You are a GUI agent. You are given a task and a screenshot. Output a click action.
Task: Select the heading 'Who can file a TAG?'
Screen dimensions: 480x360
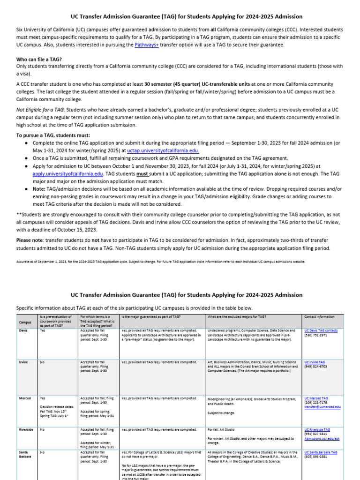click(x=39, y=60)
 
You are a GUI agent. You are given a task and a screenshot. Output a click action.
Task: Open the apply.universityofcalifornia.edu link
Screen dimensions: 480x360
click(x=67, y=173)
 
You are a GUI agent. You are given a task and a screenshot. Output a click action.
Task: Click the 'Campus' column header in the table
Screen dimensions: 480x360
click(x=25, y=322)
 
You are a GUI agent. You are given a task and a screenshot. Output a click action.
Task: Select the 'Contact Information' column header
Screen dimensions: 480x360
click(x=319, y=317)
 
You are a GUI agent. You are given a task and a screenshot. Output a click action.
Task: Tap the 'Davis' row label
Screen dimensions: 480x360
click(x=23, y=330)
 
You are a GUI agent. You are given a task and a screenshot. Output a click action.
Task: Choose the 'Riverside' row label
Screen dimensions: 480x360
click(x=26, y=429)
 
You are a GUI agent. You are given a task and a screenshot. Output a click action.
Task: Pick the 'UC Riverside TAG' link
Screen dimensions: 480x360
click(x=318, y=429)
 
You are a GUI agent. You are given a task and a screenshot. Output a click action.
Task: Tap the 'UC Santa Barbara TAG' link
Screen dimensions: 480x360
click(x=321, y=452)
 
